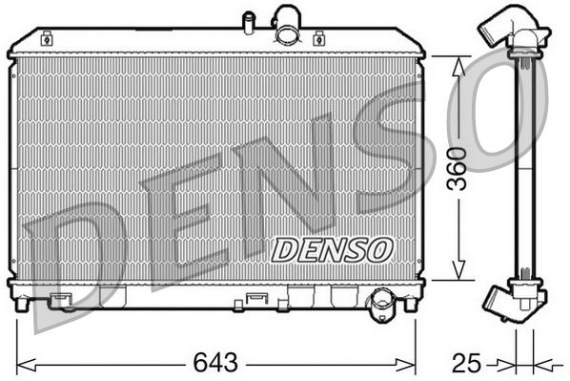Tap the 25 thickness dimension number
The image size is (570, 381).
(x=464, y=364)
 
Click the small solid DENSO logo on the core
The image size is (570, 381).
(x=332, y=249)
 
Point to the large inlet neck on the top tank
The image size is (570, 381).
(x=286, y=26)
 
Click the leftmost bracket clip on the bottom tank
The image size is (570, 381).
(x=63, y=300)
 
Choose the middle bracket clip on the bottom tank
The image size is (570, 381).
(x=255, y=299)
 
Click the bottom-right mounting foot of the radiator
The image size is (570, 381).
(x=410, y=304)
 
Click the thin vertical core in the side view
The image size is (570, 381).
(x=522, y=167)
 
